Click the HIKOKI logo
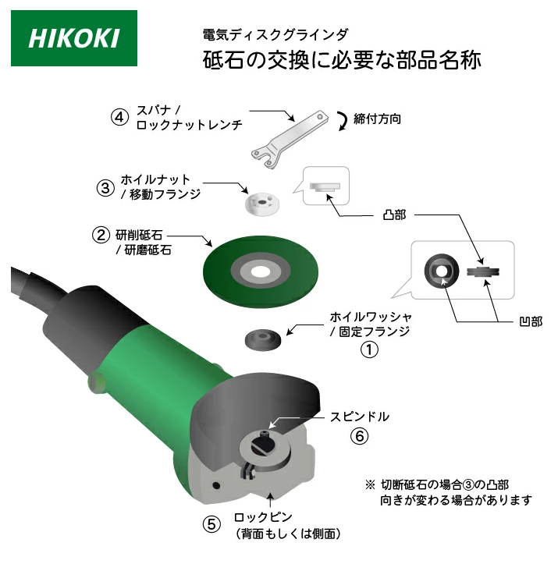(x=74, y=38)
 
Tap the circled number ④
(x=119, y=117)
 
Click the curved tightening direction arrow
(x=343, y=121)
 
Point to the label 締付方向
(x=377, y=119)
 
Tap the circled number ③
(x=105, y=188)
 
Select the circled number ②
(x=101, y=235)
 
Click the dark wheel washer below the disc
(x=262, y=339)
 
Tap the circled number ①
(x=369, y=349)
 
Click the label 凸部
(x=394, y=215)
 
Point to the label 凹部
(x=531, y=321)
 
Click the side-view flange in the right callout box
(x=483, y=271)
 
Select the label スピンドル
(x=360, y=417)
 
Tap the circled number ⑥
(x=359, y=436)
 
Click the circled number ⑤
(x=211, y=524)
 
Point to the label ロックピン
(x=263, y=517)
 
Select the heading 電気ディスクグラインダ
(x=275, y=34)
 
